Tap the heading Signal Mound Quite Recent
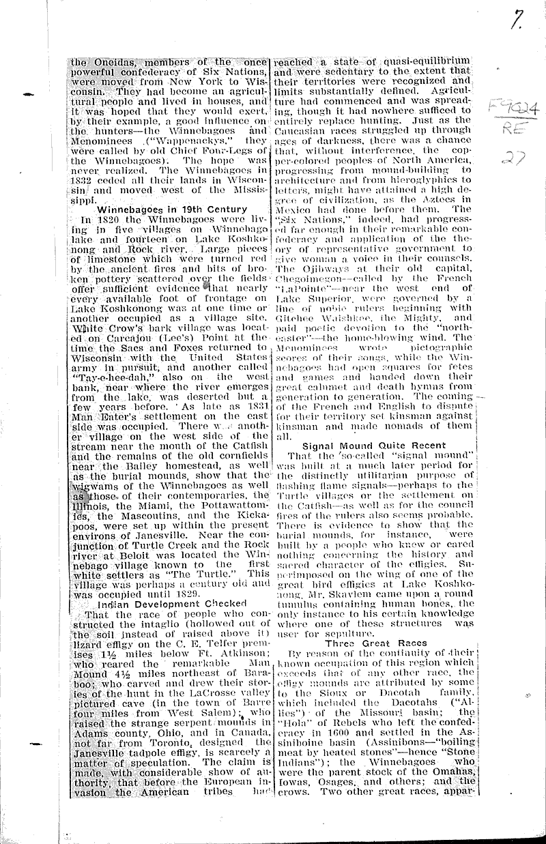point(374,445)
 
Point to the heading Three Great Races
point(375,643)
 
